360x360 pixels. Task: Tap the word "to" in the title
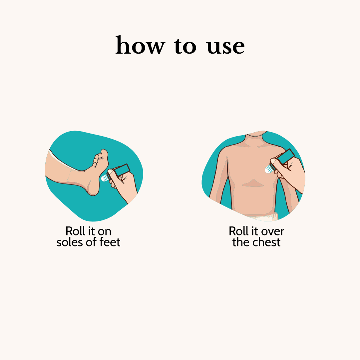[x=185, y=46]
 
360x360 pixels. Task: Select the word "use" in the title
[x=226, y=47]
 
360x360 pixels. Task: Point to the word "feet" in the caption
[x=110, y=242]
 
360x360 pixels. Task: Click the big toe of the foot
[x=104, y=155]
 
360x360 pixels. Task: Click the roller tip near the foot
[x=105, y=178]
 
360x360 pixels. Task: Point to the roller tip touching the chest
[x=268, y=169]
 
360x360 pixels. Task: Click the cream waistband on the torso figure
[x=262, y=217]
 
